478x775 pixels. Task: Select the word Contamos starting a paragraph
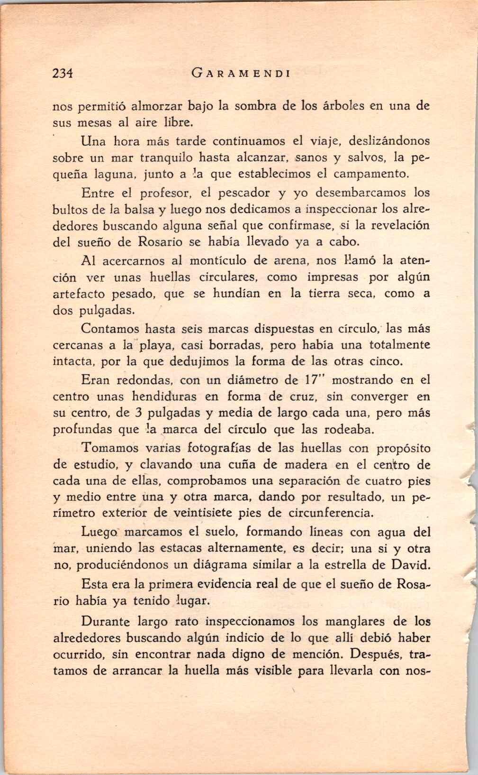[110, 328]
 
